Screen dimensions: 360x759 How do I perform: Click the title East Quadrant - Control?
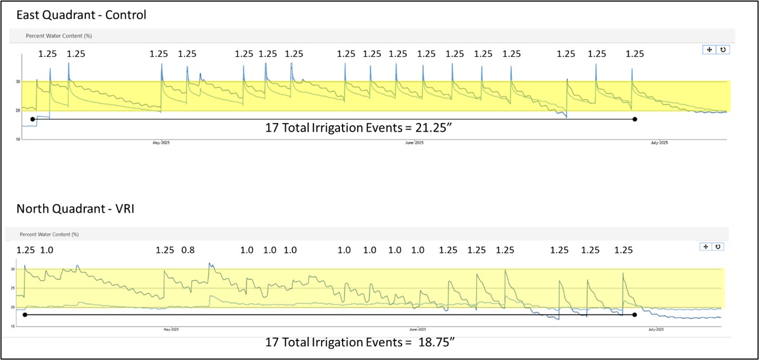tap(81, 15)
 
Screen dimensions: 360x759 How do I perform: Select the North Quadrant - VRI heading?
tap(75, 209)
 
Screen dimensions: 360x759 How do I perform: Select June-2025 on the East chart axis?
tap(414, 143)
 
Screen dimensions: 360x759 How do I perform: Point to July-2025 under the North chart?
tap(656, 329)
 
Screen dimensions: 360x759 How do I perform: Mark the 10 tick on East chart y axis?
tap(17, 139)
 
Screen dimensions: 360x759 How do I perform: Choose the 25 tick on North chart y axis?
tap(13, 288)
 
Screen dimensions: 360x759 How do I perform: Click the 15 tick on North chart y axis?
tap(13, 327)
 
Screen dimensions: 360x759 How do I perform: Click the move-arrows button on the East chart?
tap(709, 49)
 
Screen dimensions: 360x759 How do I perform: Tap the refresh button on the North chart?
tap(718, 247)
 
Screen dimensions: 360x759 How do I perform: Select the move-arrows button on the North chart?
tap(706, 247)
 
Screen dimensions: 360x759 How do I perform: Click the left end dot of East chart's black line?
tap(33, 119)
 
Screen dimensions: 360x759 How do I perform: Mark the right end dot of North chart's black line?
tap(634, 314)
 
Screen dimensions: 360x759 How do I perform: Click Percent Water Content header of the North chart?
tap(49, 234)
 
